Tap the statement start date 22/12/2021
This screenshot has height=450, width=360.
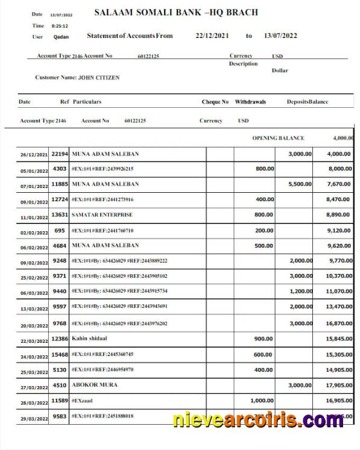[x=212, y=36]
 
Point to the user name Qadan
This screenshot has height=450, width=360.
[x=61, y=37]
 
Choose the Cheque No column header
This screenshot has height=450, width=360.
[x=215, y=102]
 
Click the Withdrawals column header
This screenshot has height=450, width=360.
[x=250, y=102]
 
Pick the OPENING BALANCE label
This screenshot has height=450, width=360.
[x=278, y=138]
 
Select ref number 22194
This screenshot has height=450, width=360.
[x=59, y=154]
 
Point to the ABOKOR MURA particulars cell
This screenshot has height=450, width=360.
[x=95, y=384]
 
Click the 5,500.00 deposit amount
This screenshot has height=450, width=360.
[x=300, y=184]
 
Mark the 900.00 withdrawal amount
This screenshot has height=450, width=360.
[x=264, y=339]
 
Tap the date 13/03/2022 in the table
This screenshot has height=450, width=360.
[x=34, y=308]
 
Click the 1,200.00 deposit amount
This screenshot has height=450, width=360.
[x=300, y=292]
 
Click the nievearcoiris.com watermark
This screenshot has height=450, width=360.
[x=258, y=420]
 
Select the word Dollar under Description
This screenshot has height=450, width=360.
[x=280, y=70]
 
